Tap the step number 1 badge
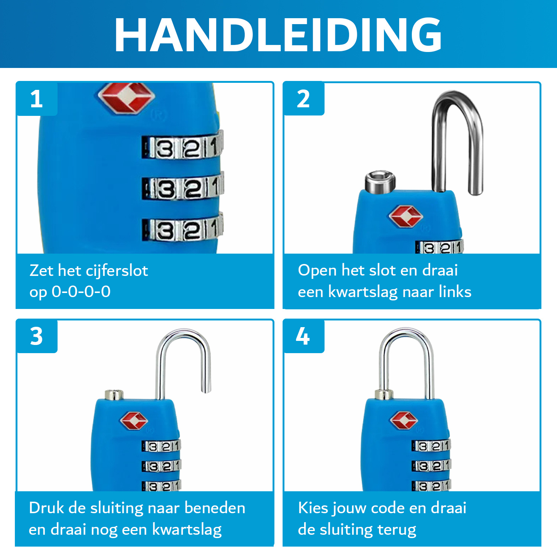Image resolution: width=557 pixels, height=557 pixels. (x=36, y=99)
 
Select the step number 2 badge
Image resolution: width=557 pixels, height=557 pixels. (x=303, y=99)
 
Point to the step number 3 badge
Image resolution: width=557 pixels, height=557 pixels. (x=36, y=336)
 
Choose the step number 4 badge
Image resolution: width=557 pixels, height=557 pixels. (x=303, y=336)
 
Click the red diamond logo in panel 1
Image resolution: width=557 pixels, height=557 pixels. (x=126, y=98)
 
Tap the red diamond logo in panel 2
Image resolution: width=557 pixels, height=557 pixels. (x=405, y=216)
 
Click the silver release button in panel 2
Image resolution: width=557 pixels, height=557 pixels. (x=380, y=182)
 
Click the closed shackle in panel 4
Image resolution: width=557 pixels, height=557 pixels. (x=407, y=356)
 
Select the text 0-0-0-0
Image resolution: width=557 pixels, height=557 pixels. (x=81, y=292)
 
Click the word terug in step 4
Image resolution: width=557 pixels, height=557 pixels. (x=397, y=530)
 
